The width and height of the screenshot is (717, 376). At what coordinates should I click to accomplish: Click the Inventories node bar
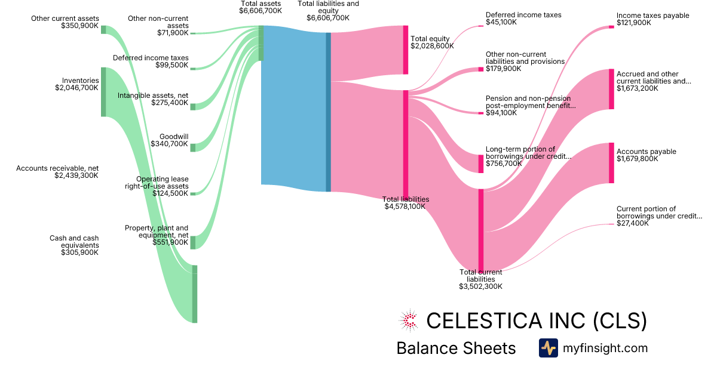coord(103,92)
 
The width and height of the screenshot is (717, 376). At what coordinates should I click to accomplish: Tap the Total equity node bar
coord(406,50)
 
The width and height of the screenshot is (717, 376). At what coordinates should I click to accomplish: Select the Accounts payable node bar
coord(611,163)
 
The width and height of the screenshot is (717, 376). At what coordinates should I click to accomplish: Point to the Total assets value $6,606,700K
coord(261,11)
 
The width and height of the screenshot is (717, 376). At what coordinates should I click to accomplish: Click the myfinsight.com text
coord(605,348)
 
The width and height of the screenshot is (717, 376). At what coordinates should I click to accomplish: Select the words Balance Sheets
coord(456,348)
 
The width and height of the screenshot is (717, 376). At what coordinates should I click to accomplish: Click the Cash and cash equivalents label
coord(74,242)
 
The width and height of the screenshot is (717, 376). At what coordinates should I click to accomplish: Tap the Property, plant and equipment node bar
coord(193,242)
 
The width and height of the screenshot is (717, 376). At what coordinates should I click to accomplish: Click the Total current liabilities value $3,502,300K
coord(480,286)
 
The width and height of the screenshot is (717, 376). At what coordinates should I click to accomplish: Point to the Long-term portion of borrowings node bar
coord(481,164)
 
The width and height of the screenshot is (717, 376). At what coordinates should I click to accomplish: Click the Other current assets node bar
coord(103,30)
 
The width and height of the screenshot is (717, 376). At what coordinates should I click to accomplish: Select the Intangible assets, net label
coord(153,95)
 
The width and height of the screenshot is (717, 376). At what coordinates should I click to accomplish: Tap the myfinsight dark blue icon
coord(548,348)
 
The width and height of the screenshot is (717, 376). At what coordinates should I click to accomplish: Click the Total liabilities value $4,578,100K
coord(405,207)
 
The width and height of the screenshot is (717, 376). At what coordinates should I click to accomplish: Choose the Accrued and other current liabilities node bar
coord(611,89)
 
